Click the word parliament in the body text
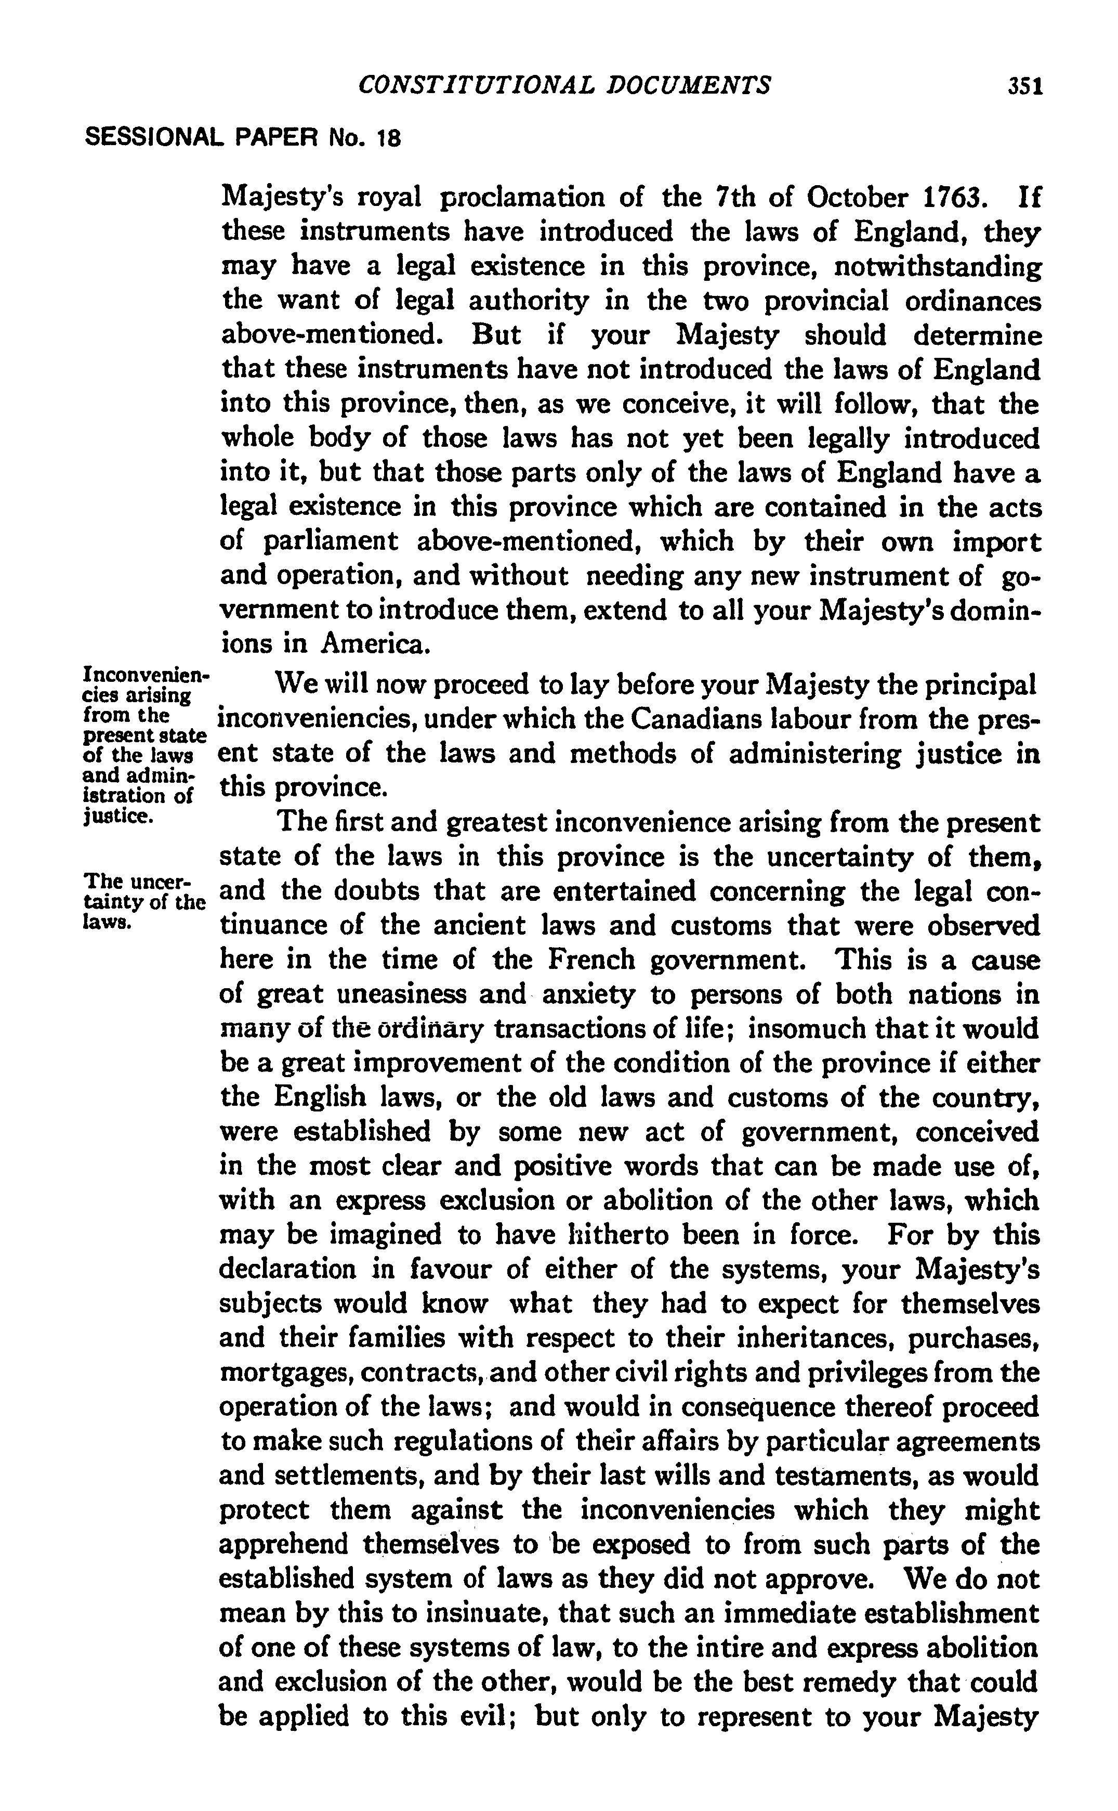331,542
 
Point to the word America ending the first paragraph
374,644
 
